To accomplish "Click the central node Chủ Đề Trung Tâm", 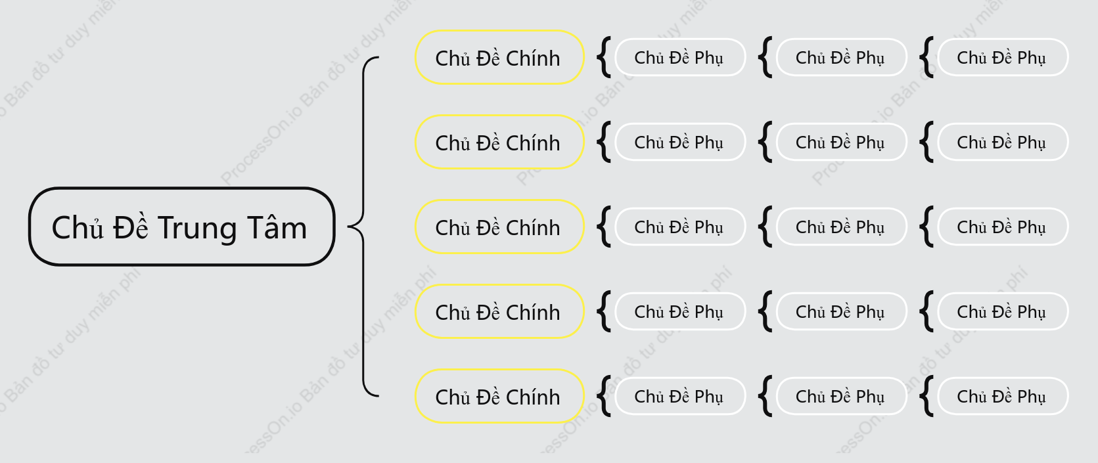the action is point(182,227).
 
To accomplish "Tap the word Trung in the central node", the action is point(198,229).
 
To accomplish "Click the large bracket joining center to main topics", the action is point(363,227).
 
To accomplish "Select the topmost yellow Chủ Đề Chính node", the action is point(499,57).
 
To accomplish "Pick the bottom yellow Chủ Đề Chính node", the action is point(499,397).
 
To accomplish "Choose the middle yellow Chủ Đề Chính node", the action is point(499,227).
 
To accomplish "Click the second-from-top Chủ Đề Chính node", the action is point(499,142).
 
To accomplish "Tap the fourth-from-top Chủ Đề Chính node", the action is point(499,311).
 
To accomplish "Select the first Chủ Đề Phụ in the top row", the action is point(680,57).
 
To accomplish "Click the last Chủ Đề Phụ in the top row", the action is point(1003,57).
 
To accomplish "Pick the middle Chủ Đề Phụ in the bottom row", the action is point(841,397).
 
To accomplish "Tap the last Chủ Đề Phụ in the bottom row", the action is point(1003,397).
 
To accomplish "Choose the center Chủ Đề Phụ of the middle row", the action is point(841,227).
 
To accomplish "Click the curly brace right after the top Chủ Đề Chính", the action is point(603,57).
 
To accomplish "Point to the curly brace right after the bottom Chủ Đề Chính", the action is point(603,397).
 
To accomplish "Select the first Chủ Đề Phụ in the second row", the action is point(680,142).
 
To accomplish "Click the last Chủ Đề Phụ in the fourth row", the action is point(1003,311).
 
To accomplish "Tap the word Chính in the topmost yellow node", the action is point(533,58).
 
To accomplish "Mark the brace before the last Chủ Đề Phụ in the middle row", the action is point(925,227).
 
